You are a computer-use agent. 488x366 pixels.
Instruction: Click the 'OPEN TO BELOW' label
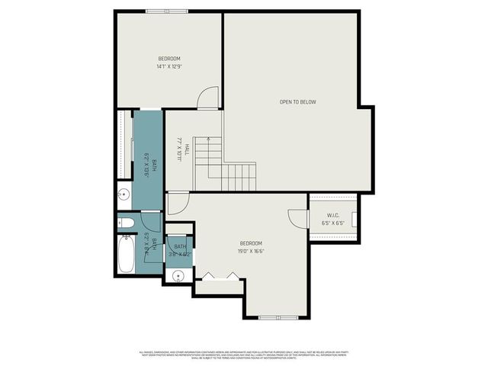coord(297,102)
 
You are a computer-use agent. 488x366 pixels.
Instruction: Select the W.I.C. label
coord(332,214)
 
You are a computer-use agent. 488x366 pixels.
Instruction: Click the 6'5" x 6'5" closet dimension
coord(332,223)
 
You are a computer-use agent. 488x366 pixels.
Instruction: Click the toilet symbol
coord(127,223)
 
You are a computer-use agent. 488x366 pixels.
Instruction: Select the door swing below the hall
coord(177,203)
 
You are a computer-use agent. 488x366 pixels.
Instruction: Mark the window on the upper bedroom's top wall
coord(166,11)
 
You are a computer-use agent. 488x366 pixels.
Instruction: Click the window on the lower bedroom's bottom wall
coord(275,317)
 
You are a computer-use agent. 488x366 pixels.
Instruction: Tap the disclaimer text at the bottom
coord(244,354)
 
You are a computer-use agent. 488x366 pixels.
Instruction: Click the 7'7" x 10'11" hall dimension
coord(181,147)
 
